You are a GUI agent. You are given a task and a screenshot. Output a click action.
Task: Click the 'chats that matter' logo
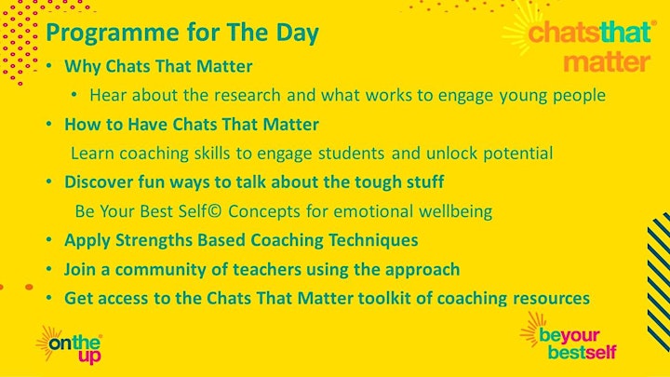pos(581,41)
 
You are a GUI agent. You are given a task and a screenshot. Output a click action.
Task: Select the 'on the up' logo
pos(70,345)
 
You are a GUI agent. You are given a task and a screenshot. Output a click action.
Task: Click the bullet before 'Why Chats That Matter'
pos(49,66)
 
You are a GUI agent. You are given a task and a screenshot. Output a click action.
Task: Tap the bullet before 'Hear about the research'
pos(74,94)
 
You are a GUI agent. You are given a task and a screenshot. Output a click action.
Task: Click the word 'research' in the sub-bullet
pos(248,95)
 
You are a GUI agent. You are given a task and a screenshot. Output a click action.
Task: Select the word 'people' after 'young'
pos(579,96)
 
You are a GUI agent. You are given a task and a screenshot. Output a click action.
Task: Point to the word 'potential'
pos(518,154)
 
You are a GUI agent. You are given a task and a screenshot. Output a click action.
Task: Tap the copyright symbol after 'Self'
pos(215,211)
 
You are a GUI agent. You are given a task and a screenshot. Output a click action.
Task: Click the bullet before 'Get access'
pos(49,298)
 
